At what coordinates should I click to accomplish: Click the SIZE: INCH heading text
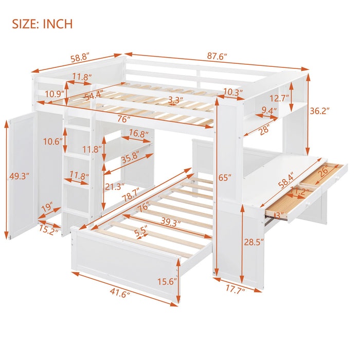pyautogui.click(x=43, y=24)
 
